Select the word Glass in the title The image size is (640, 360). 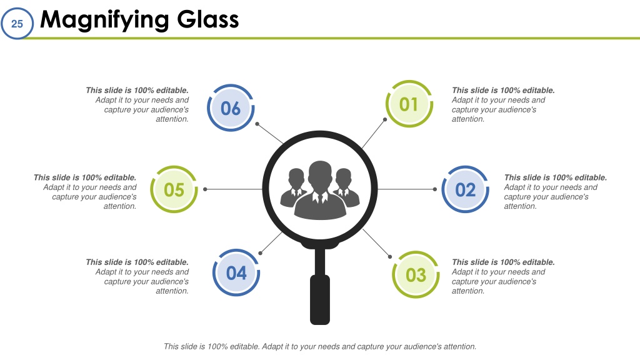click(208, 19)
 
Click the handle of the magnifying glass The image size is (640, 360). click(320, 299)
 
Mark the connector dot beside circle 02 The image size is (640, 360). click(435, 189)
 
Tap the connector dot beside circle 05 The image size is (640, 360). click(205, 189)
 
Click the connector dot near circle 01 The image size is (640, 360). click(385, 119)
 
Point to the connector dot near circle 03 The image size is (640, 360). click(390, 257)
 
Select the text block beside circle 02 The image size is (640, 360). click(556, 192)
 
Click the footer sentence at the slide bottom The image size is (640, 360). click(320, 346)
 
